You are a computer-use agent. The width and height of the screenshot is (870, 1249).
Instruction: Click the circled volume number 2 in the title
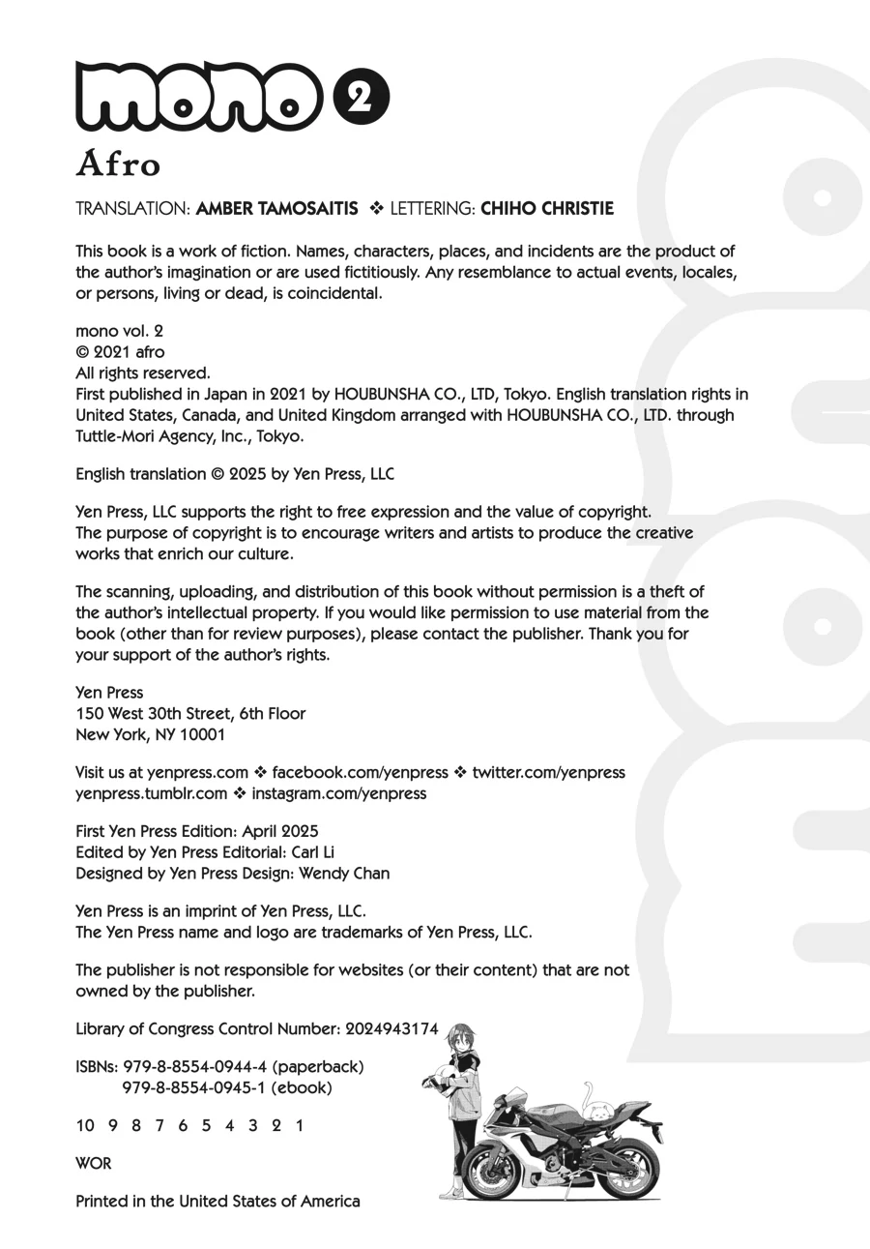pos(361,98)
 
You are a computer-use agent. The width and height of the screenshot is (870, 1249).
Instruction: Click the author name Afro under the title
pos(118,164)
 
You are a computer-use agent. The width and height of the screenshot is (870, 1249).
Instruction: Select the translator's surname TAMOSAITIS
pos(308,209)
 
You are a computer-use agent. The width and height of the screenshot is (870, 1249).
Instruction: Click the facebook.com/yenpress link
pos(360,772)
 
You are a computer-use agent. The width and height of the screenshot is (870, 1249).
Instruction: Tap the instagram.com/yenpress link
pos(338,793)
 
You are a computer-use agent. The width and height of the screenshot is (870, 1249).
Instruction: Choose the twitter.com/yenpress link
pos(548,772)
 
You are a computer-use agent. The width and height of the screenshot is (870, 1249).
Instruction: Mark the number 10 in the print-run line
pos(85,1125)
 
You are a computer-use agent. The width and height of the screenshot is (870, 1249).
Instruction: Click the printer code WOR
pos(93,1163)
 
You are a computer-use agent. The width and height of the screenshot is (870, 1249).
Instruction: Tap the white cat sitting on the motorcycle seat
pos(601,1112)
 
